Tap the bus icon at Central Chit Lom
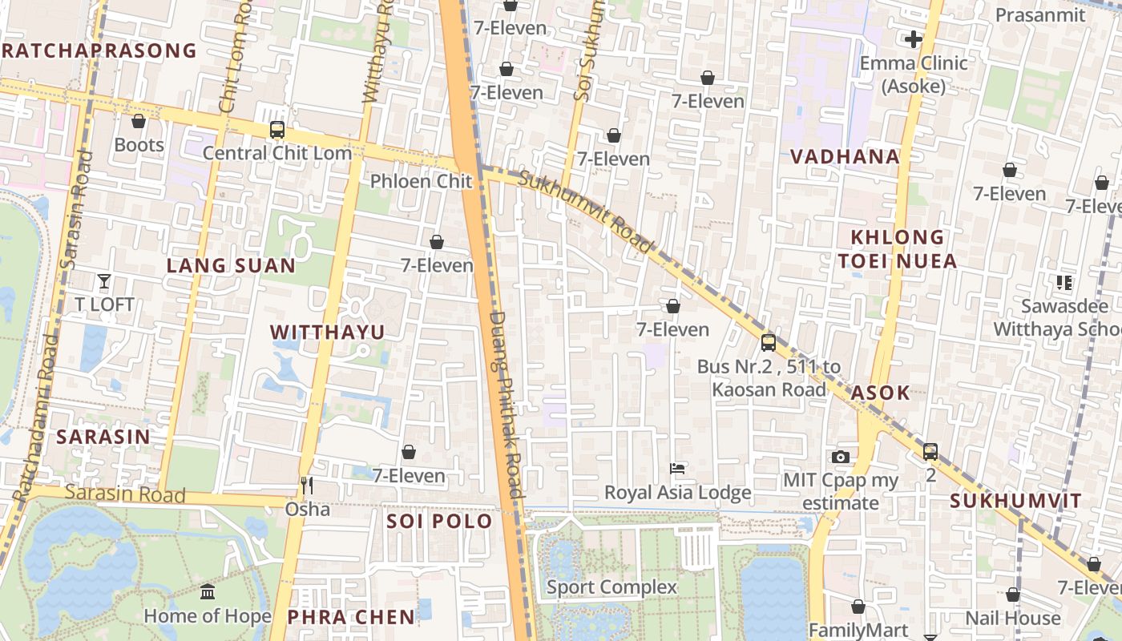tap(277, 129)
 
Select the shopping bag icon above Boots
tap(139, 121)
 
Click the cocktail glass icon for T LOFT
tap(104, 280)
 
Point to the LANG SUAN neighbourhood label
tap(231, 266)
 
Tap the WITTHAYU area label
tap(327, 333)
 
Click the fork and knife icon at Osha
tap(306, 486)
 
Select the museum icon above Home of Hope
tap(208, 592)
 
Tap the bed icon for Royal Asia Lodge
tap(677, 469)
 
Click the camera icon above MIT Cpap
tap(840, 457)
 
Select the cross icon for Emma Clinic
tap(914, 38)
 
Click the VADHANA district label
tap(845, 157)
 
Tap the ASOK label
tap(880, 393)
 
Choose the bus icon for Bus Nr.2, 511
tap(769, 343)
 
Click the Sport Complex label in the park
tap(611, 587)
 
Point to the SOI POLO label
tap(439, 522)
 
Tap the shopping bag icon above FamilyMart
tap(858, 607)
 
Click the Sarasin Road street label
tap(125, 493)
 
